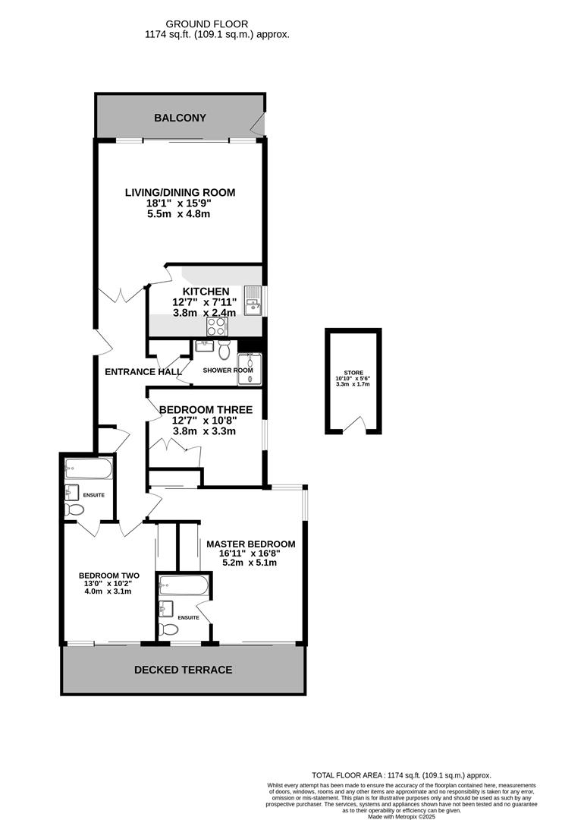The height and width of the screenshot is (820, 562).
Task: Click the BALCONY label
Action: point(180,118)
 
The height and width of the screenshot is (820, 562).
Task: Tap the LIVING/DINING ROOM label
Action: point(180,192)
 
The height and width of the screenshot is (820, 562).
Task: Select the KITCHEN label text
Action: point(206,292)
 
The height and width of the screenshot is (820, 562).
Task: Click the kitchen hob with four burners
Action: point(216,326)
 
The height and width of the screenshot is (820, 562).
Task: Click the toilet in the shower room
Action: point(224,350)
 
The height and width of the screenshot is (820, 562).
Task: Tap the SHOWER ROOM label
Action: point(228,371)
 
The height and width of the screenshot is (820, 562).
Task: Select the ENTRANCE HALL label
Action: point(143,372)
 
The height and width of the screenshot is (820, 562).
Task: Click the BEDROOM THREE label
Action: point(206,410)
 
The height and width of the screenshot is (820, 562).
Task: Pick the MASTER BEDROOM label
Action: point(250,544)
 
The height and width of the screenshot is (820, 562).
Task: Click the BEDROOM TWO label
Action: point(109,576)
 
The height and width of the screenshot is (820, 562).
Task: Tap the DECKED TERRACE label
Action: point(183,670)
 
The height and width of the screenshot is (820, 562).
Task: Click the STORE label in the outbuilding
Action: point(353,373)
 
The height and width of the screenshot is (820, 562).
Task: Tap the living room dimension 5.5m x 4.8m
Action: point(179,214)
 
